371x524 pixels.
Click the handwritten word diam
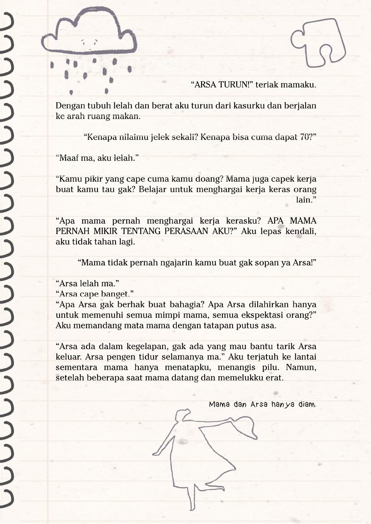tap(307, 405)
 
